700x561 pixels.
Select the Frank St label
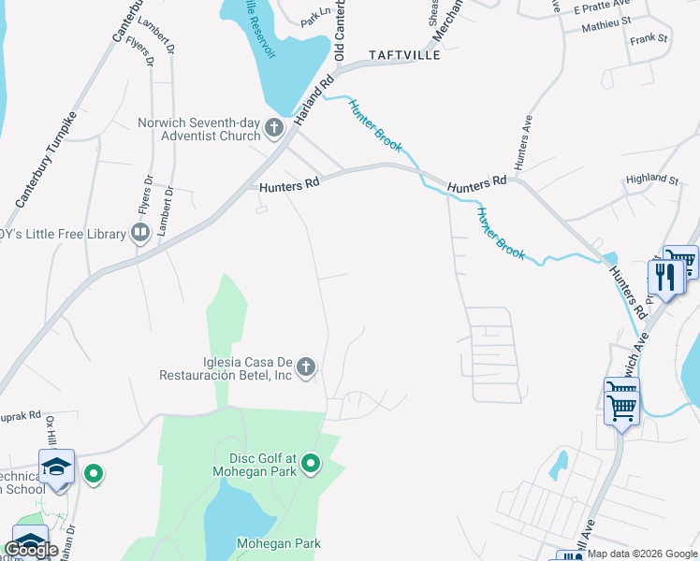click(649, 39)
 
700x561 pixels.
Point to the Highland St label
click(652, 179)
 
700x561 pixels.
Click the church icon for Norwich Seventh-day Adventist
click(274, 128)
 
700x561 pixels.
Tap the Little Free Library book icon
click(140, 232)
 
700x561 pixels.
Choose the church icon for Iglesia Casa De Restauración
click(306, 369)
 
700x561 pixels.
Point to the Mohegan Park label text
click(278, 543)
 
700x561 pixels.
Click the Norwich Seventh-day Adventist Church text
click(198, 129)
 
